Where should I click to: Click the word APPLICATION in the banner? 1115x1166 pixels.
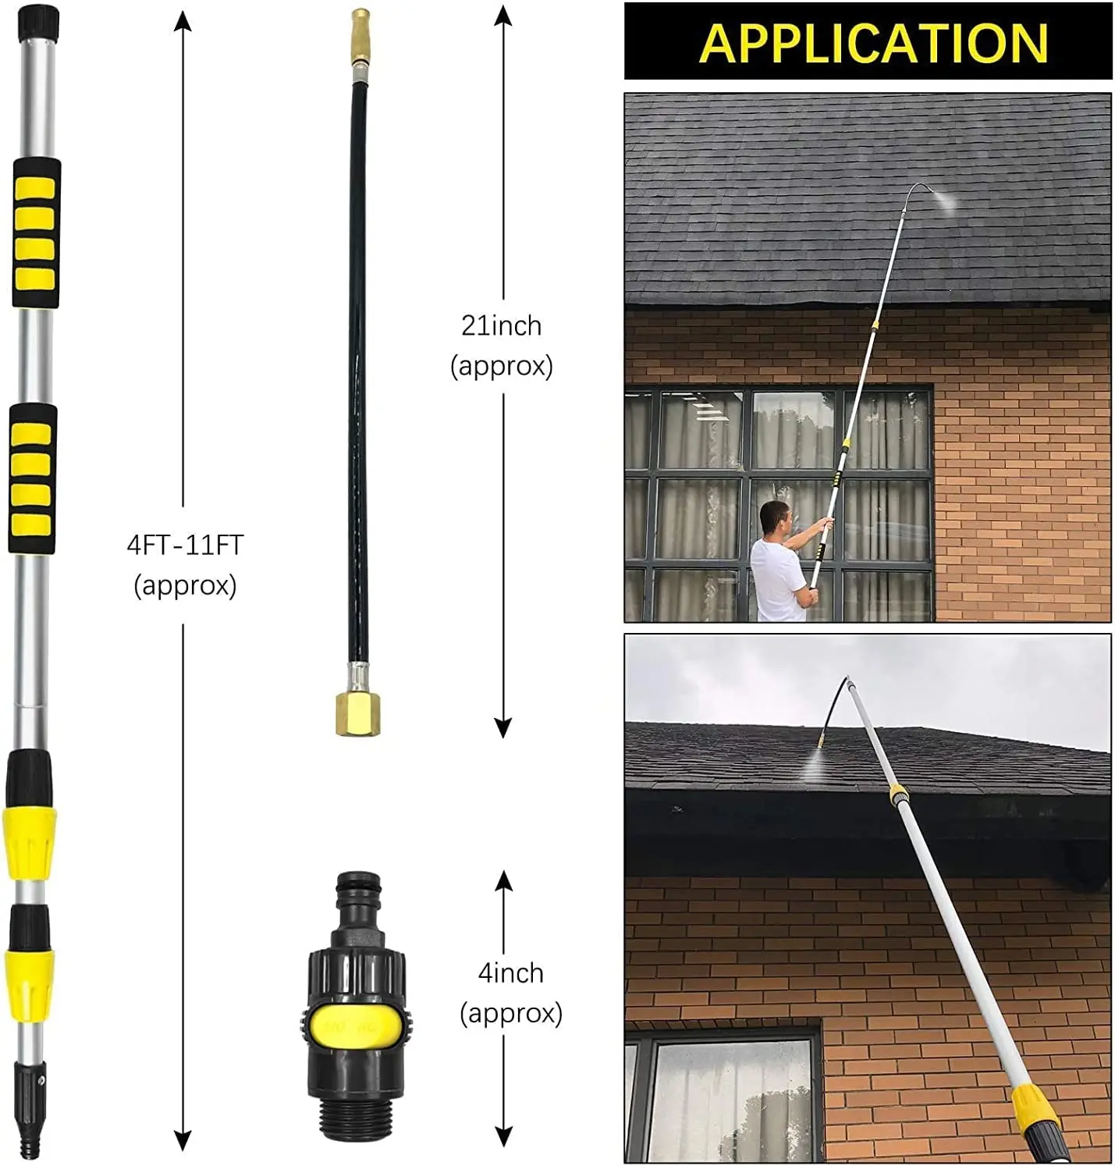(x=872, y=43)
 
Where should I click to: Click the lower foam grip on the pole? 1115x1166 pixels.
(x=33, y=478)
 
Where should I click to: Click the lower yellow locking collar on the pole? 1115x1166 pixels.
(x=30, y=985)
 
